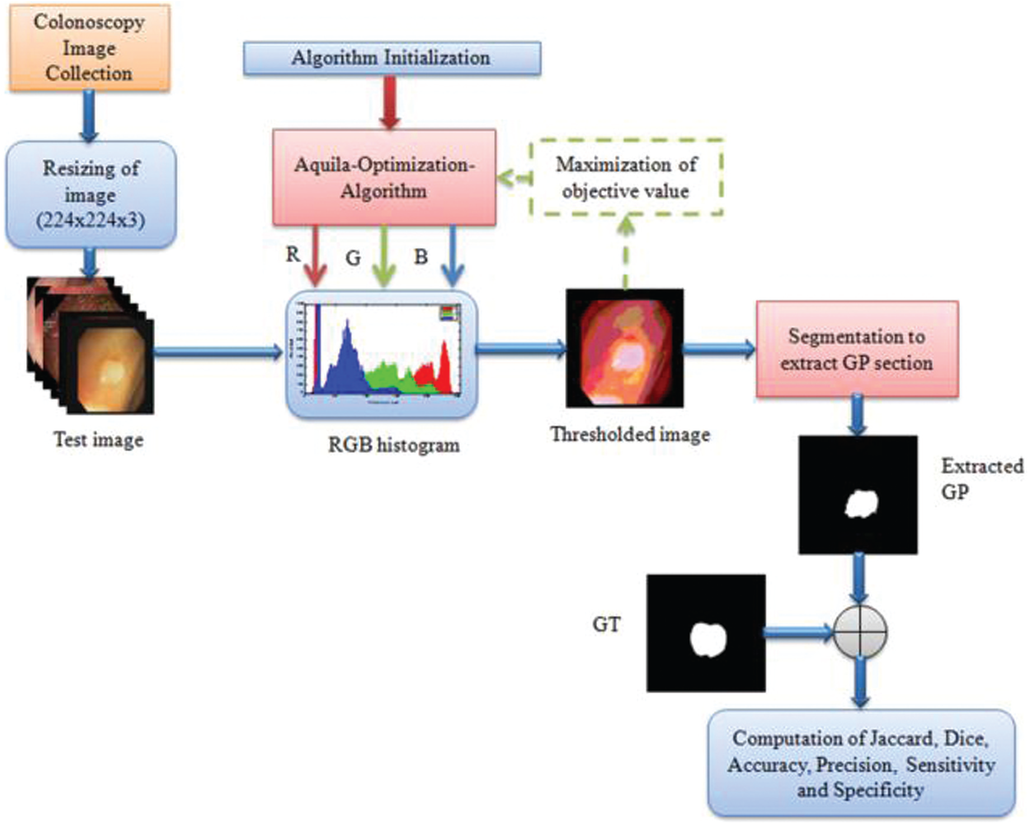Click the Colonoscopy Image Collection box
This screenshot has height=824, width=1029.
[89, 48]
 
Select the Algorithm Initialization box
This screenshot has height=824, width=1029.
[391, 58]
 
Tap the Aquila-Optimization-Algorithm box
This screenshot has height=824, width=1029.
[384, 177]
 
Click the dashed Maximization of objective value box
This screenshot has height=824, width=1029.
[626, 177]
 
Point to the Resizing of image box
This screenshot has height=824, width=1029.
[91, 194]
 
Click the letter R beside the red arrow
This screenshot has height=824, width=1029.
[293, 254]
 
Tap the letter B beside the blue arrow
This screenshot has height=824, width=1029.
[421, 257]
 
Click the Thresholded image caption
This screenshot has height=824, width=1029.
[630, 435]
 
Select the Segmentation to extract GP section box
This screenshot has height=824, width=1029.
[857, 349]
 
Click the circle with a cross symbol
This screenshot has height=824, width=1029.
[860, 632]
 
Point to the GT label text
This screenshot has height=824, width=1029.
[606, 624]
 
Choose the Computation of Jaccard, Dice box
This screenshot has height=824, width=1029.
[861, 764]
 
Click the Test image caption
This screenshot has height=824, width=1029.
[98, 440]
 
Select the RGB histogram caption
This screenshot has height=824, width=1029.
[393, 445]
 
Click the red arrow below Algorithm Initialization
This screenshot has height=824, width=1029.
[389, 103]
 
